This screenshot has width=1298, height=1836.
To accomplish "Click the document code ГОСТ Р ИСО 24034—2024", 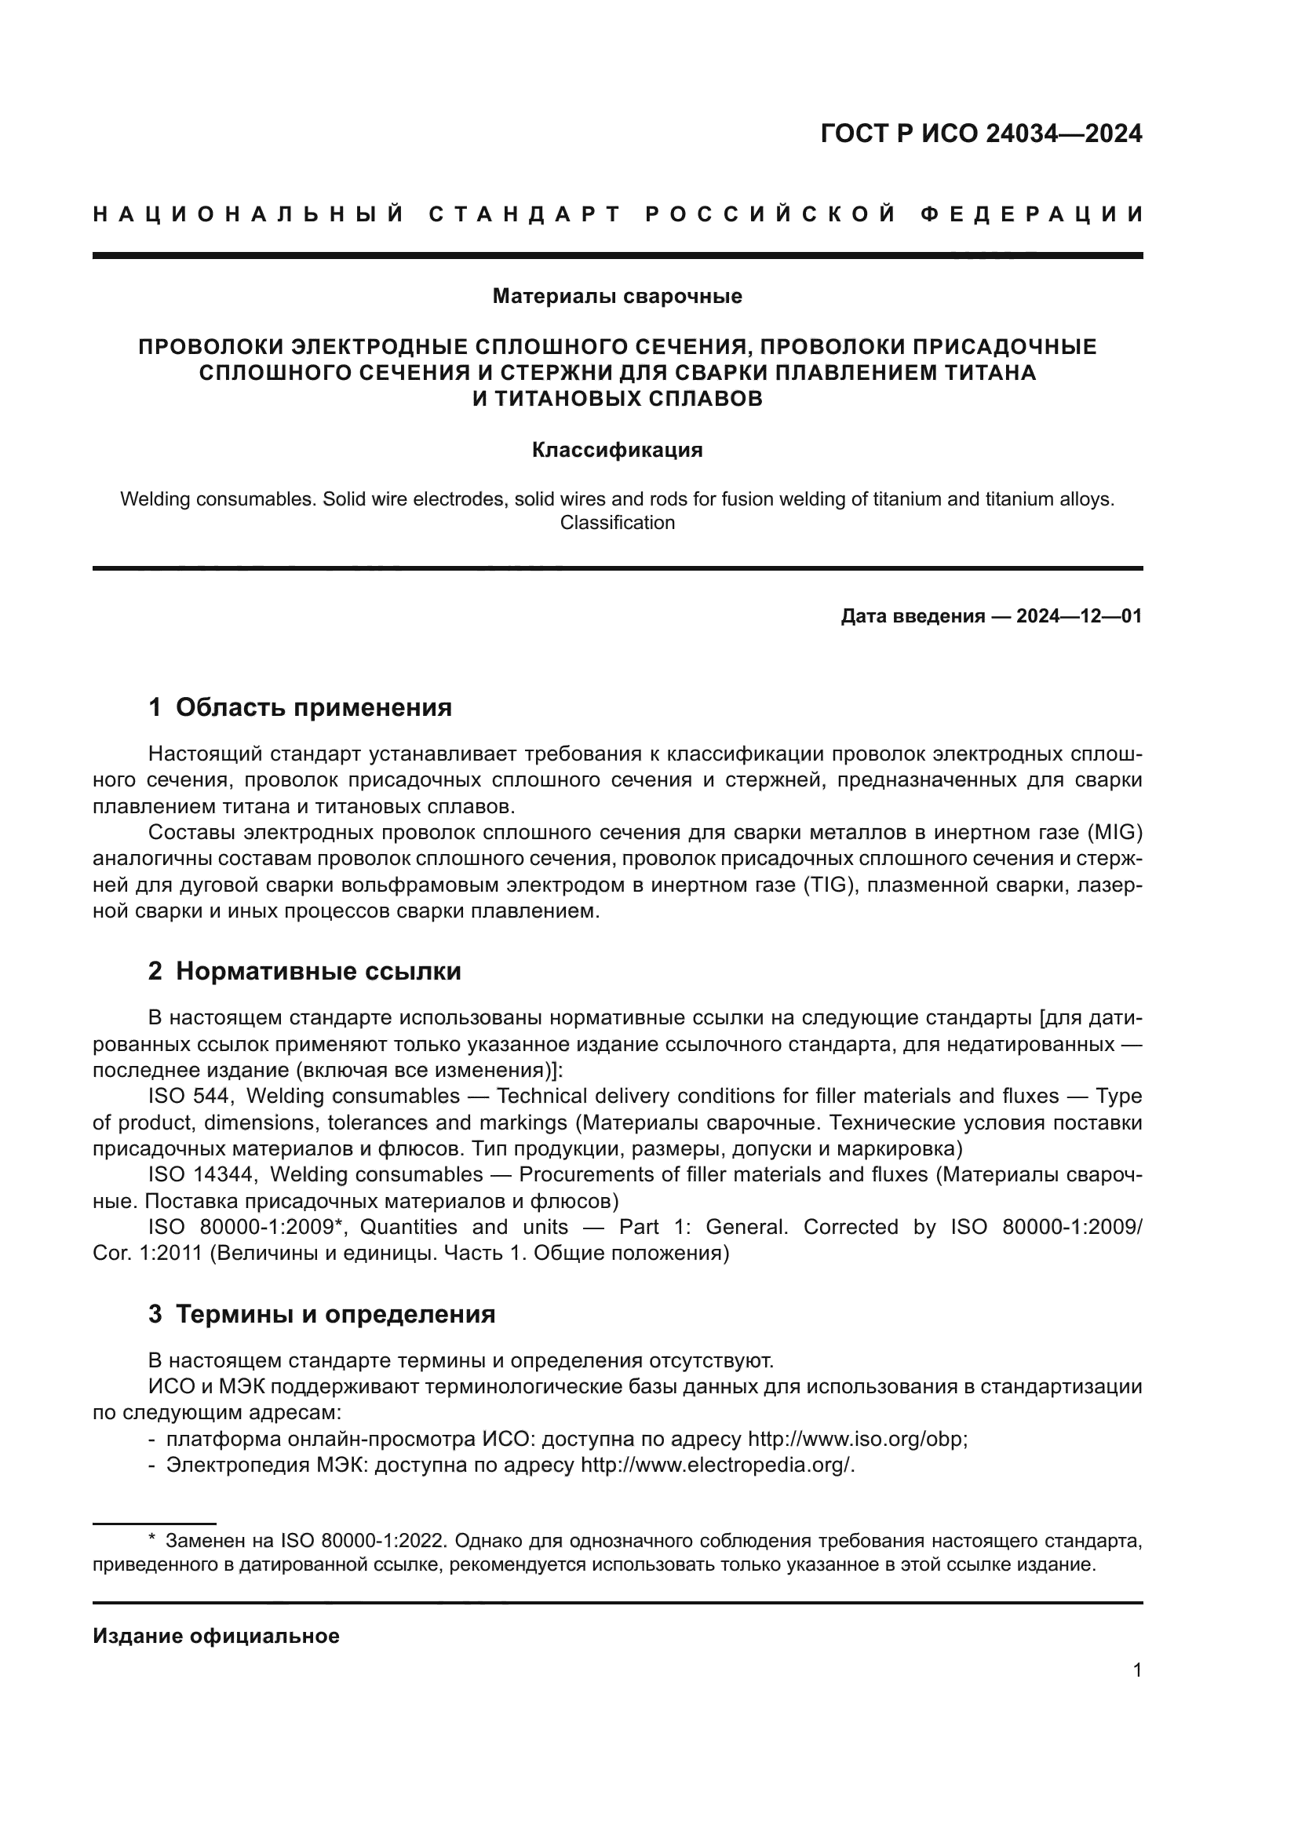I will click(981, 133).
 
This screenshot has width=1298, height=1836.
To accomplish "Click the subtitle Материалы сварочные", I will click(617, 297).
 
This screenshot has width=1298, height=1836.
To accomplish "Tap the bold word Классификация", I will click(617, 451).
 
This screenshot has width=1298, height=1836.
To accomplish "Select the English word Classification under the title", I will click(617, 523).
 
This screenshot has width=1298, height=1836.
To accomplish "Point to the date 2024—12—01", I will click(1078, 616).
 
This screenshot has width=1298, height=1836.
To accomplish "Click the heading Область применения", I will click(313, 708).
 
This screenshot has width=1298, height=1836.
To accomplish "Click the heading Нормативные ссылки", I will click(318, 972).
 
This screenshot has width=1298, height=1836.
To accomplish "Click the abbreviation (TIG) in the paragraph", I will click(830, 885).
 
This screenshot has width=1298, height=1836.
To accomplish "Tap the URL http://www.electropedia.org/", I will click(717, 1466).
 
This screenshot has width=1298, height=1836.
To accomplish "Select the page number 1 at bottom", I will click(1136, 1670).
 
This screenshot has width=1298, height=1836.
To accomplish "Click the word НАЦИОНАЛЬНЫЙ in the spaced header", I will click(249, 214).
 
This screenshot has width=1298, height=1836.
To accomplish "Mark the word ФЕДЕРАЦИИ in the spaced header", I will click(1031, 214).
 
